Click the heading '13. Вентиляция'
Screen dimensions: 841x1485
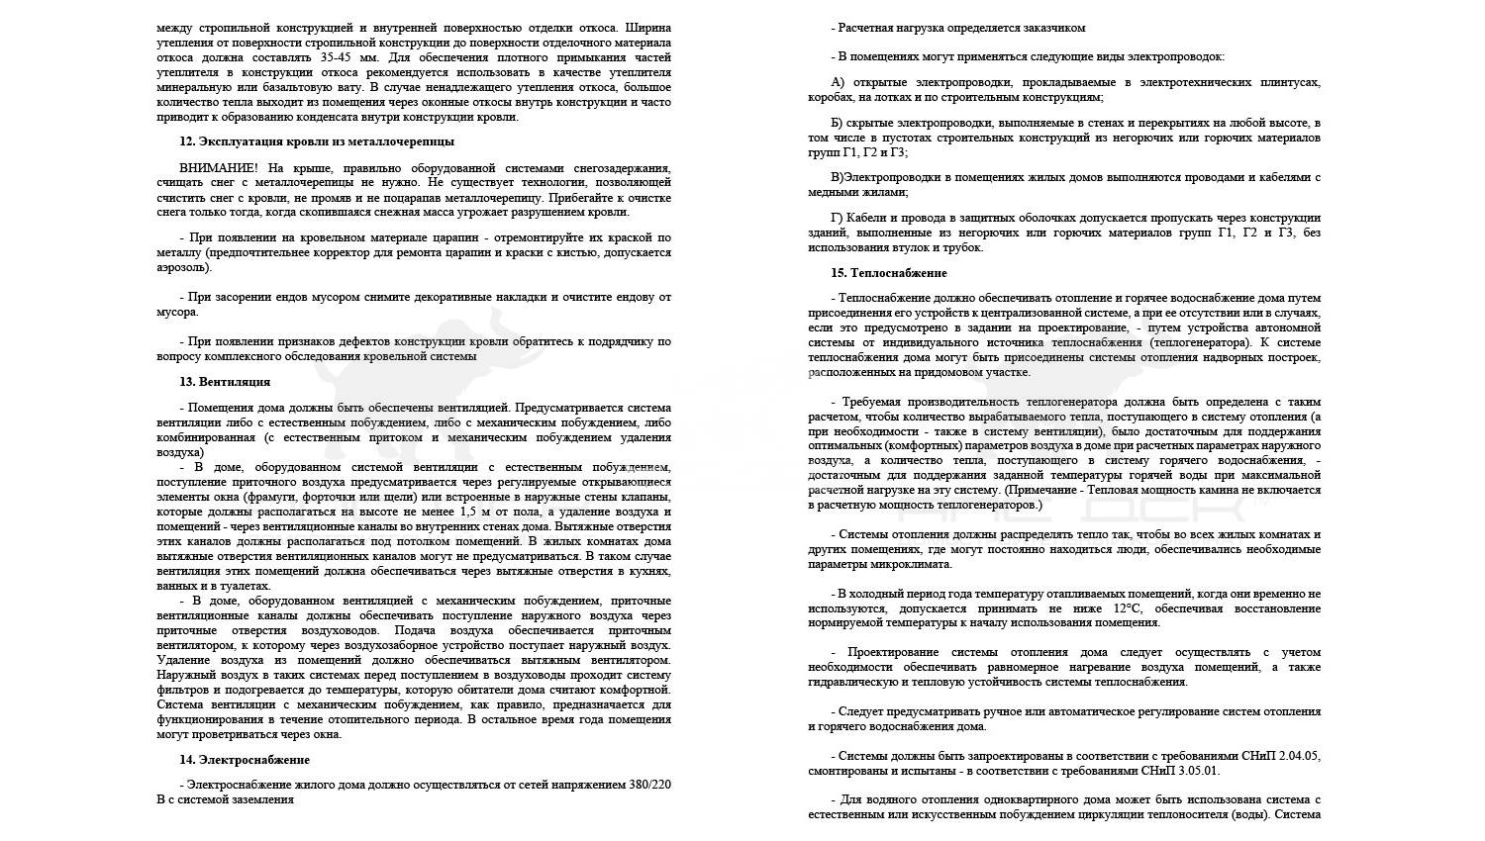click(x=225, y=382)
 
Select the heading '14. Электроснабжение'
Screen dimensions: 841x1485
click(x=245, y=760)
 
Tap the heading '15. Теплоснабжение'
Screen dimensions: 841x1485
click(x=889, y=273)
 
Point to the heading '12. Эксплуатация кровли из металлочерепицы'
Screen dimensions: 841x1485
click(x=317, y=141)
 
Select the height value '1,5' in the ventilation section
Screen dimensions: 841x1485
click(x=470, y=512)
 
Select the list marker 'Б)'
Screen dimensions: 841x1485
click(x=838, y=123)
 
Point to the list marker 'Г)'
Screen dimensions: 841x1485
click(x=838, y=218)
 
